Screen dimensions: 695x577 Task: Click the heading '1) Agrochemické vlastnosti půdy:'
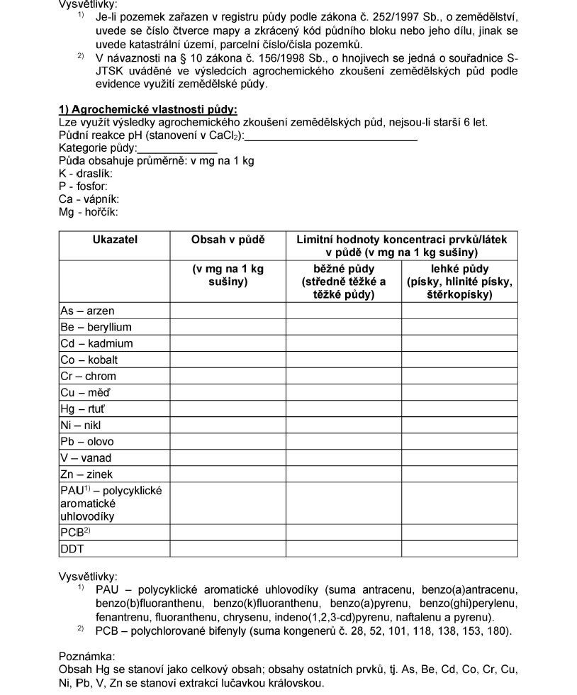147,109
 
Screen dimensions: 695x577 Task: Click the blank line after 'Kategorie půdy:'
177,149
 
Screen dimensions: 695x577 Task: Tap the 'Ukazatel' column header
115,240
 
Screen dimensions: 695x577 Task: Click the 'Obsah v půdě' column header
228,240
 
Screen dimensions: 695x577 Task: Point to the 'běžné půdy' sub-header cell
344,282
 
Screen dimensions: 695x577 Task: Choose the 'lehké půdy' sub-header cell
459,282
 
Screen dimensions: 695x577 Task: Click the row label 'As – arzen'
87,311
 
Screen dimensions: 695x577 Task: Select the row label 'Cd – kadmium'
96,343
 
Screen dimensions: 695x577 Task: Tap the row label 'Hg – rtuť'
86,408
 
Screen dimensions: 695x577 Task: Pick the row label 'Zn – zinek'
86,474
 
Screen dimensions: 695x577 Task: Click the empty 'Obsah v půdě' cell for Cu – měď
228,392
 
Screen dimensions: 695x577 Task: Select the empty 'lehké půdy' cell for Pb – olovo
459,441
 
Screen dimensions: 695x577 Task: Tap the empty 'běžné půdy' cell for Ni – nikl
344,425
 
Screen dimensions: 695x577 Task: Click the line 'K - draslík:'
86,174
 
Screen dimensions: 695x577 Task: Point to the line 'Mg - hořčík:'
89,212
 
